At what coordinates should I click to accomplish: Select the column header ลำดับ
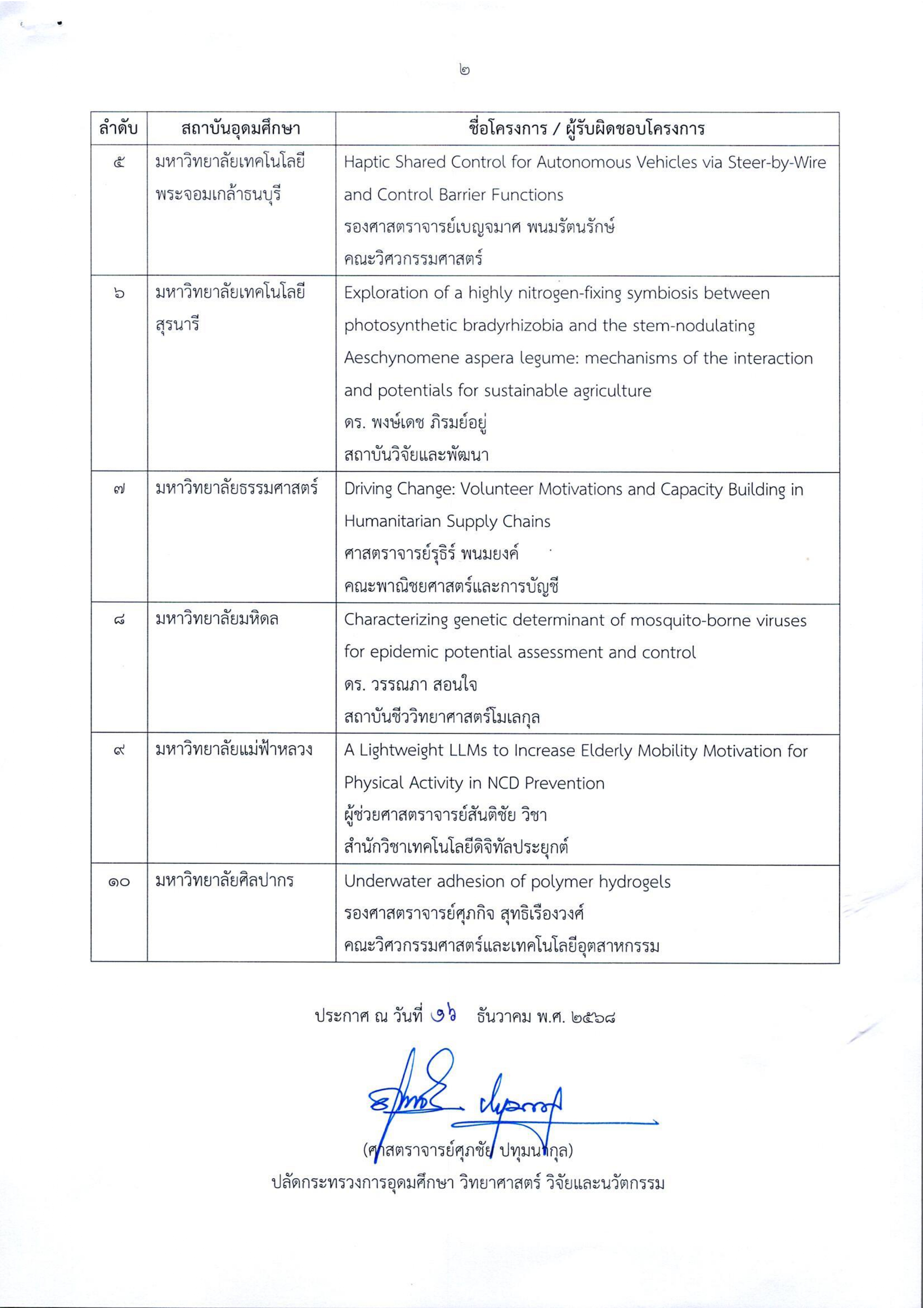pyautogui.click(x=119, y=129)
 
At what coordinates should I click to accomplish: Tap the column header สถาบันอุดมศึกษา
pyautogui.click(x=241, y=129)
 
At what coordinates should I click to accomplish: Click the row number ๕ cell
pyautogui.click(x=119, y=163)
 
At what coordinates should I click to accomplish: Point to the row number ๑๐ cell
pyautogui.click(x=119, y=882)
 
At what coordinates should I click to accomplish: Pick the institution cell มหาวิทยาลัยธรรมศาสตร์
pyautogui.click(x=237, y=489)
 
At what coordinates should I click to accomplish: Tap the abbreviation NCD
pyautogui.click(x=501, y=783)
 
